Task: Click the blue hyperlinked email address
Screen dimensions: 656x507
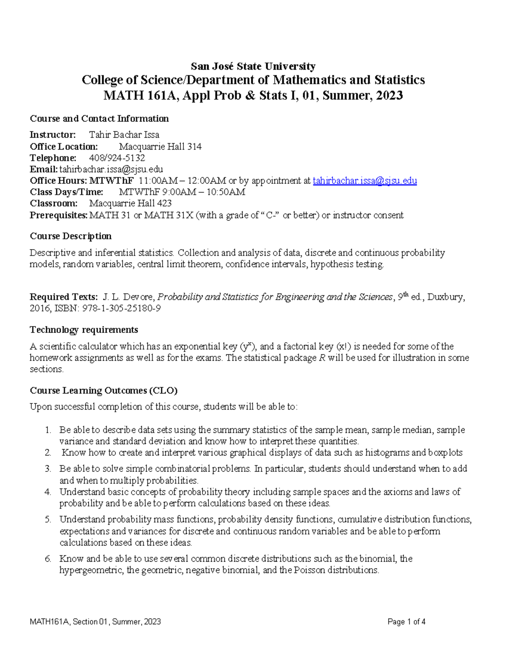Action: (365, 181)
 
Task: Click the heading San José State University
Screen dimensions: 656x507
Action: (253, 66)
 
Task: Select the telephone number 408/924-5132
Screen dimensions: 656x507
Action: (117, 158)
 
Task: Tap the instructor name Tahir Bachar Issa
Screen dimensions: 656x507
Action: (124, 135)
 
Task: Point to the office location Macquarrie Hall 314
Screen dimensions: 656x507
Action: (160, 147)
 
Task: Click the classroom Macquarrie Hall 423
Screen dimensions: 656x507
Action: (130, 203)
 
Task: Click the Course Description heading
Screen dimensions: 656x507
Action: (71, 236)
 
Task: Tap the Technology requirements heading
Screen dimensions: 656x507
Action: (84, 329)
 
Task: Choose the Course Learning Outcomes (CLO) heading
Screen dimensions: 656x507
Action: (104, 390)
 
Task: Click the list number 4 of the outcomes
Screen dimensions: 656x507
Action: (48, 492)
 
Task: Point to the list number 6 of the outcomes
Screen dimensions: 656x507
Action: (48, 558)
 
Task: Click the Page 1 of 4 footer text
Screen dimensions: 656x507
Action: (406, 622)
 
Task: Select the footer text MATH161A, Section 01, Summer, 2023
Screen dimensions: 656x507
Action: (95, 622)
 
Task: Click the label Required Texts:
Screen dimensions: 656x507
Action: (63, 297)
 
